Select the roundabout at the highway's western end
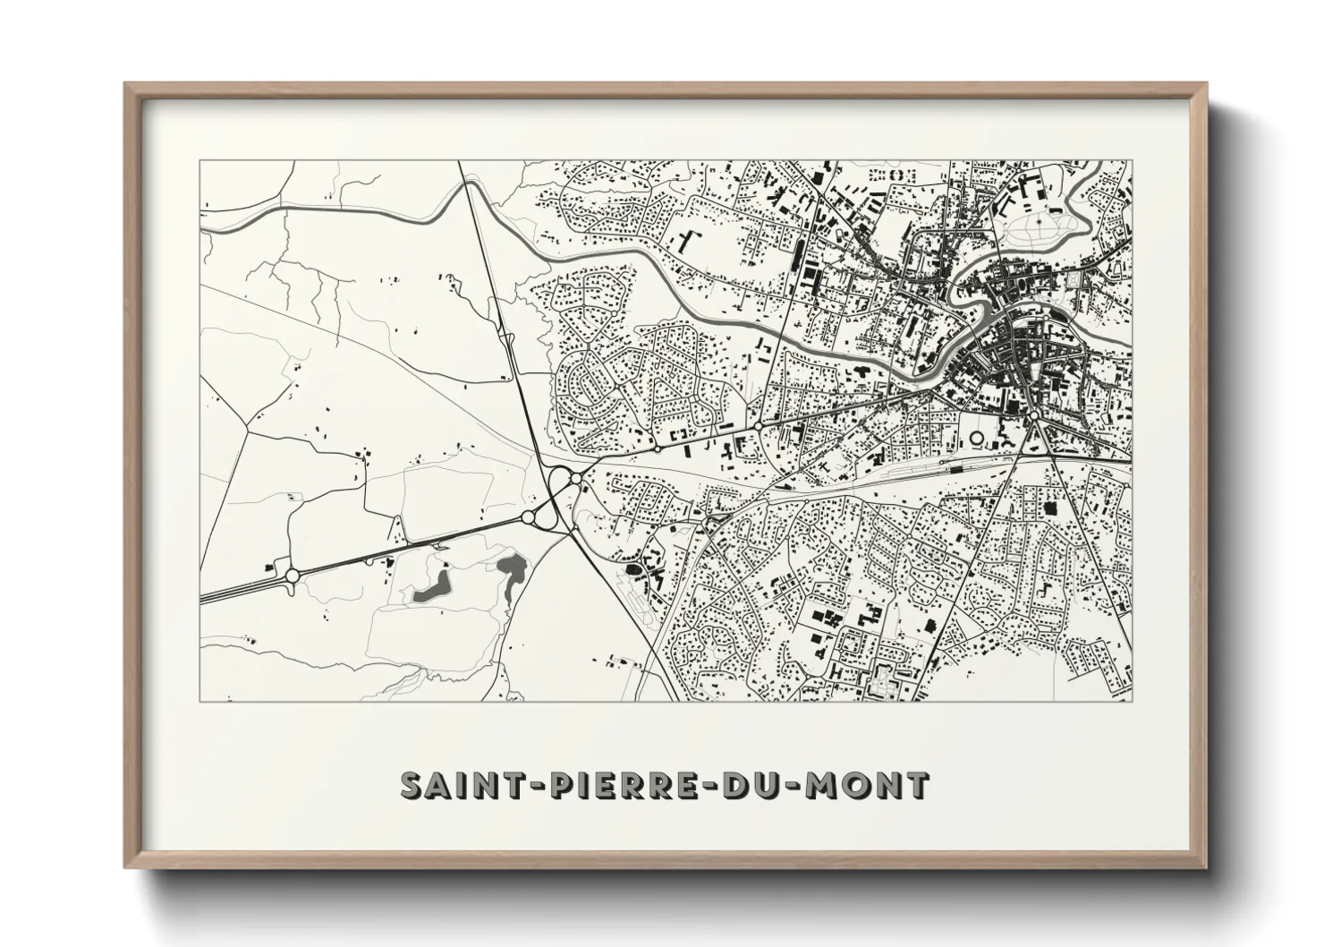(291, 576)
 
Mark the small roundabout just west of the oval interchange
(528, 517)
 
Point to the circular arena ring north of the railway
(976, 439)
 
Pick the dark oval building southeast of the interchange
(632, 568)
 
